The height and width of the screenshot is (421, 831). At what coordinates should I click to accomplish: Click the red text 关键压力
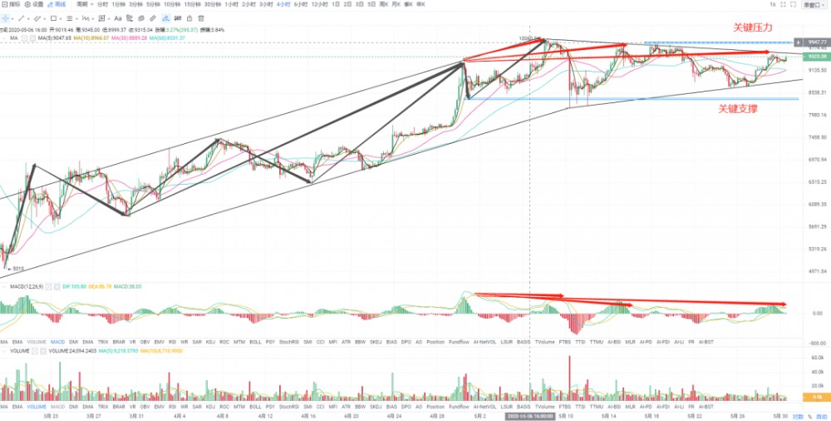point(753,27)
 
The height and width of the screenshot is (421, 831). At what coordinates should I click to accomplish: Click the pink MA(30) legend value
point(128,37)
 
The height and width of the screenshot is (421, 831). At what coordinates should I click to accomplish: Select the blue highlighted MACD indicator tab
point(57,342)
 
